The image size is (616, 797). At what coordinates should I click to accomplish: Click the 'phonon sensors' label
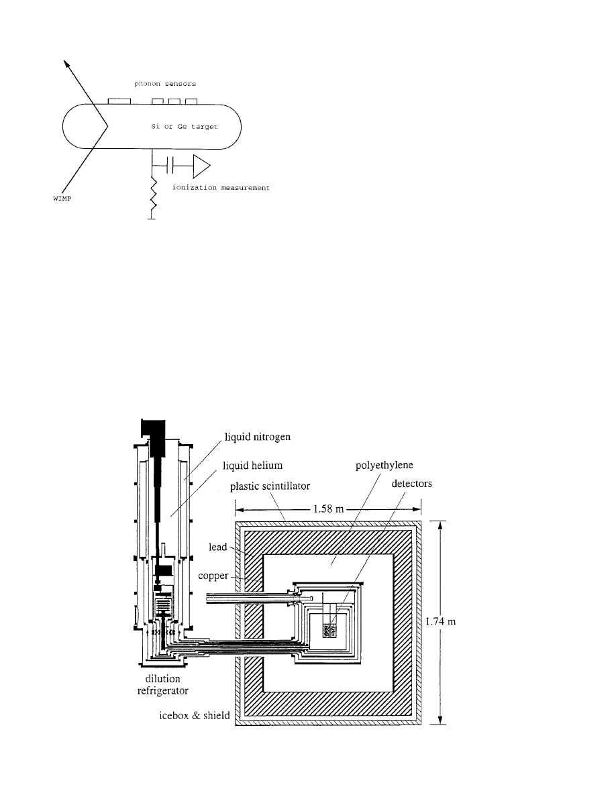(x=164, y=84)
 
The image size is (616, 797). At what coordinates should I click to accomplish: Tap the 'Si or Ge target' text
(x=185, y=127)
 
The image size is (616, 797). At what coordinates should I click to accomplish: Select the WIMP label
(x=62, y=199)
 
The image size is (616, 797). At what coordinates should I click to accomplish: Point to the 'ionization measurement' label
(x=221, y=188)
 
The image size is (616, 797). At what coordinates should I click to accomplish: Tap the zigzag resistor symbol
(x=153, y=197)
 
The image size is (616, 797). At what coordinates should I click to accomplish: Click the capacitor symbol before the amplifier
(x=170, y=166)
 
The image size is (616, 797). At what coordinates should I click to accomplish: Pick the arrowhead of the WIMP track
(x=66, y=64)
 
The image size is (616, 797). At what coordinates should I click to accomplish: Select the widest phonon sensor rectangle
(x=119, y=101)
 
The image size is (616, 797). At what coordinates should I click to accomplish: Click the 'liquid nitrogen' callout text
(x=258, y=437)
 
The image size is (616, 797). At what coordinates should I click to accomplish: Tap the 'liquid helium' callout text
(x=252, y=466)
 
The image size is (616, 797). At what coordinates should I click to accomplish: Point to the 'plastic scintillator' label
(x=270, y=486)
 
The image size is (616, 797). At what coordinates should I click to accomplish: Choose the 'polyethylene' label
(x=384, y=466)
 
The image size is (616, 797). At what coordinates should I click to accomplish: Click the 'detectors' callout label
(x=412, y=484)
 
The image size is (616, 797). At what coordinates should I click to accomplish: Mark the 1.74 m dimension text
(x=440, y=622)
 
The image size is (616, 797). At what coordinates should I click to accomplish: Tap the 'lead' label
(x=217, y=547)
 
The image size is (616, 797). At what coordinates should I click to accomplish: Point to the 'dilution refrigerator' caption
(x=162, y=685)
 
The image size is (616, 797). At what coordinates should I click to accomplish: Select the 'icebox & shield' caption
(x=195, y=716)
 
